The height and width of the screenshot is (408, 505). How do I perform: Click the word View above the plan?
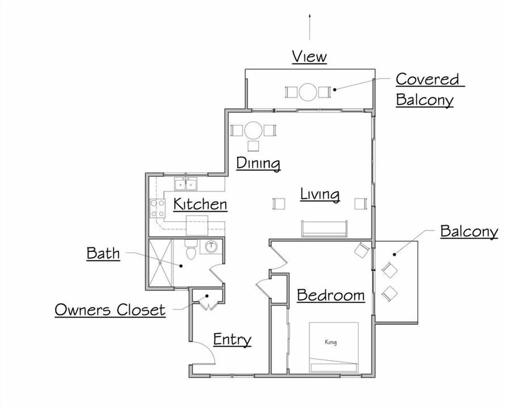coord(309,56)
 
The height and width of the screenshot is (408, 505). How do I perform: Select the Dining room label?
coord(258,163)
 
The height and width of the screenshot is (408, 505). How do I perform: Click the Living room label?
coord(320,194)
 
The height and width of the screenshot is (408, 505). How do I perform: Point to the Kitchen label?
coord(200,204)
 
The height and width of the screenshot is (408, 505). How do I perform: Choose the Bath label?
coord(103,253)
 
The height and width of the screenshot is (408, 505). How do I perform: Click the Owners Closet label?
coord(110,310)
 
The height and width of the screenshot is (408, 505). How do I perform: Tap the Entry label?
coord(232,340)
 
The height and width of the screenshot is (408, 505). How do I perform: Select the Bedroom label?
coord(331,295)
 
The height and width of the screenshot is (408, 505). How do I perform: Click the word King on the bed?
coord(330,343)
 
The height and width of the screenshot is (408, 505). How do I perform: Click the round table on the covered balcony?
coord(308,93)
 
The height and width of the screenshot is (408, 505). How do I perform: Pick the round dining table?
coord(254,130)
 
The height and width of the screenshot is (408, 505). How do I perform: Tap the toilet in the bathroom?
coord(190,250)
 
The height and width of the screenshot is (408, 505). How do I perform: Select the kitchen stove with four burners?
coord(157,208)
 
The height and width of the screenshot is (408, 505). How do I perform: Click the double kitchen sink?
coord(186,185)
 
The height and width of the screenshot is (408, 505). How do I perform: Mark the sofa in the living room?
coord(324,229)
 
